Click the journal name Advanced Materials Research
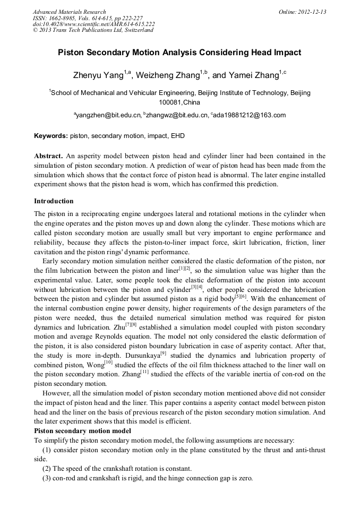pyautogui.click(x=70, y=12)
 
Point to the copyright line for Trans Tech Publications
pyautogui.click(x=93, y=30)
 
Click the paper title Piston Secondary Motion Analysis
pyautogui.click(x=179, y=53)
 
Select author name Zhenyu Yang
pyautogui.click(x=99, y=75)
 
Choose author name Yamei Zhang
pyautogui.click(x=256, y=75)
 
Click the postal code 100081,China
pyautogui.click(x=179, y=102)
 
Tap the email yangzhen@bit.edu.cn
pyautogui.click(x=108, y=115)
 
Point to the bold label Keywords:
pyautogui.click(x=51, y=136)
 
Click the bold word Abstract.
pyautogui.click(x=48, y=156)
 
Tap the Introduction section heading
pyautogui.click(x=54, y=201)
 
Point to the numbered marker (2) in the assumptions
pyautogui.click(x=47, y=469)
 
